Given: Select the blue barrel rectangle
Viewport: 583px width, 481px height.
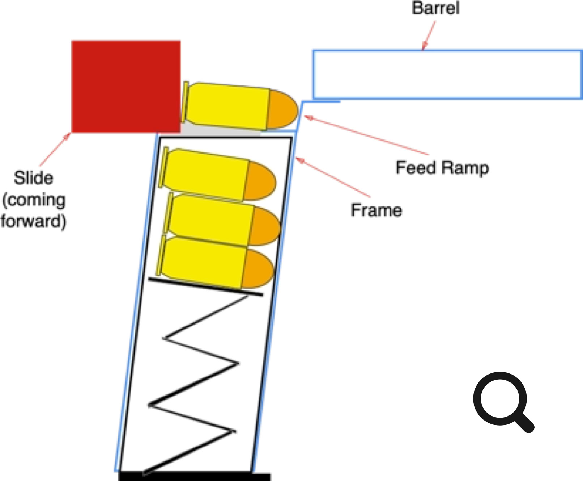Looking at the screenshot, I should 447,74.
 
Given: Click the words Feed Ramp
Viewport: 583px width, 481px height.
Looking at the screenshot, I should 442,168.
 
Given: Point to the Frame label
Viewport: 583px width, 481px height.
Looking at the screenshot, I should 376,210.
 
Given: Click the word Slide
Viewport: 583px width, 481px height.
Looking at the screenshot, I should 33,178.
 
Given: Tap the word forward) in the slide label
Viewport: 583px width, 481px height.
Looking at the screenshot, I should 33,221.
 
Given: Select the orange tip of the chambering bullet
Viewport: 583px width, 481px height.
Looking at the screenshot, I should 283,110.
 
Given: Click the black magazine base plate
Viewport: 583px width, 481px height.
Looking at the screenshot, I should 195,476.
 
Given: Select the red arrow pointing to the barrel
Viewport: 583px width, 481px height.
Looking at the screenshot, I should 429,35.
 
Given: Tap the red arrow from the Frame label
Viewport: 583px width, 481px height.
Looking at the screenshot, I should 333,177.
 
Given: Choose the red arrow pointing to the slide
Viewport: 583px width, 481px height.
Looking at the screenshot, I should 55,150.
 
